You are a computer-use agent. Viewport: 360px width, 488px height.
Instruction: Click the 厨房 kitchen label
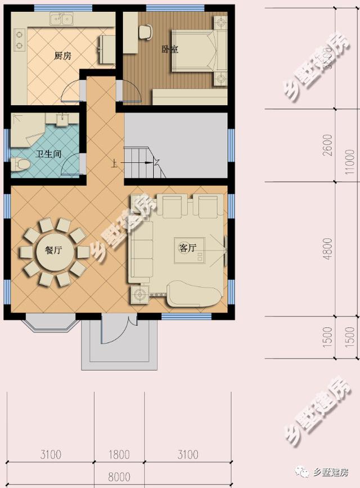[62, 56]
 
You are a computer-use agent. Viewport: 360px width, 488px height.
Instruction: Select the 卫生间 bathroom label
[49, 154]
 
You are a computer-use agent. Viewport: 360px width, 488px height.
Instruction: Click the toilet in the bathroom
[21, 164]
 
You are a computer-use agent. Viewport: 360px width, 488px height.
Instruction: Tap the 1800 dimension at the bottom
[119, 454]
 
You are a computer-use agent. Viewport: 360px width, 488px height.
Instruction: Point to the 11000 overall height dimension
[352, 169]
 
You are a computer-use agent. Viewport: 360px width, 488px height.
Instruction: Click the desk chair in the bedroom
[146, 32]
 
